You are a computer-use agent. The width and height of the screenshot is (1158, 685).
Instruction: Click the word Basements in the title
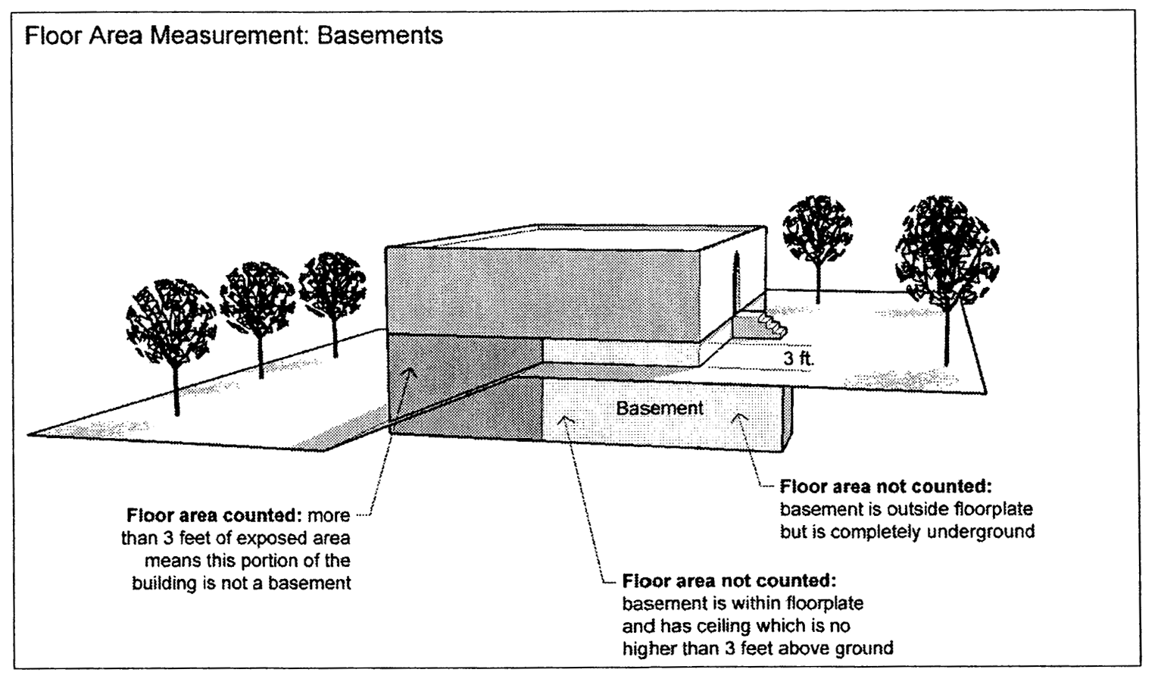pos(379,36)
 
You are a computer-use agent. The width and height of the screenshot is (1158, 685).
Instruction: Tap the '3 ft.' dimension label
pos(798,358)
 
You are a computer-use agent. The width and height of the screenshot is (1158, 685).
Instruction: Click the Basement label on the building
pos(659,408)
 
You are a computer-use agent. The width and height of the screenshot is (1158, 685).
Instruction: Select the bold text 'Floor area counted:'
pos(214,516)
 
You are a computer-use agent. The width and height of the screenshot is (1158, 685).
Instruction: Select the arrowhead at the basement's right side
pos(741,416)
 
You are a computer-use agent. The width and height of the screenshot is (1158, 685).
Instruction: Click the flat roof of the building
pos(576,236)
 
